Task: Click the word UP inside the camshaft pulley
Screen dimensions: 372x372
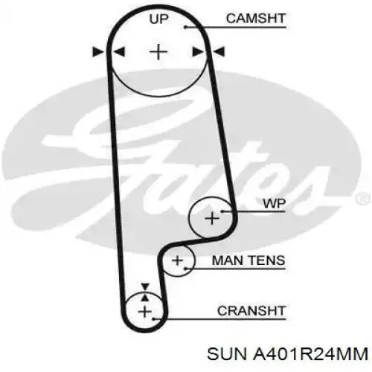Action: pos(158,19)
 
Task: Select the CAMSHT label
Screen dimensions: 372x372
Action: pos(256,19)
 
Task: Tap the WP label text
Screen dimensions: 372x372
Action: pos(275,204)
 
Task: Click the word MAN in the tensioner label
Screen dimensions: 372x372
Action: pos(228,260)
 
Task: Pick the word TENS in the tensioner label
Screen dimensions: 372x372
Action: pos(267,260)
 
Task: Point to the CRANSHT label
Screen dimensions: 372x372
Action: pos(251,311)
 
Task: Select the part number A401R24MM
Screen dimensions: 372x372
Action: pos(310,354)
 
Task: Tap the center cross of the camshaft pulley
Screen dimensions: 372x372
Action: pos(158,52)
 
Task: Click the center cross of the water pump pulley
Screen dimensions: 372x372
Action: pos(212,219)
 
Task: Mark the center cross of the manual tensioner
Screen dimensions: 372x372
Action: pos(177,260)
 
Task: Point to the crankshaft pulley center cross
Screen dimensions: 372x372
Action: pos(145,311)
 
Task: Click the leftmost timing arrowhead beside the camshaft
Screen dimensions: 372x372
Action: pos(98,52)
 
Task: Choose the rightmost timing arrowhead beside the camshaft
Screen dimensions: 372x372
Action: pos(219,52)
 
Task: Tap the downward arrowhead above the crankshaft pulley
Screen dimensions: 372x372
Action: pos(145,286)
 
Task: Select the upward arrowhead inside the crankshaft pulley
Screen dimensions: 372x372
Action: pos(145,298)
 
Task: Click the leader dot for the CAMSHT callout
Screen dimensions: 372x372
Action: pos(185,27)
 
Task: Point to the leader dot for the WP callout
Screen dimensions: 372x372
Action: pos(222,211)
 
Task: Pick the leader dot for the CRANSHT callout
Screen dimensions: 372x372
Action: pos(154,319)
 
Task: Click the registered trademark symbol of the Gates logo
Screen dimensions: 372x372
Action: pos(363,199)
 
